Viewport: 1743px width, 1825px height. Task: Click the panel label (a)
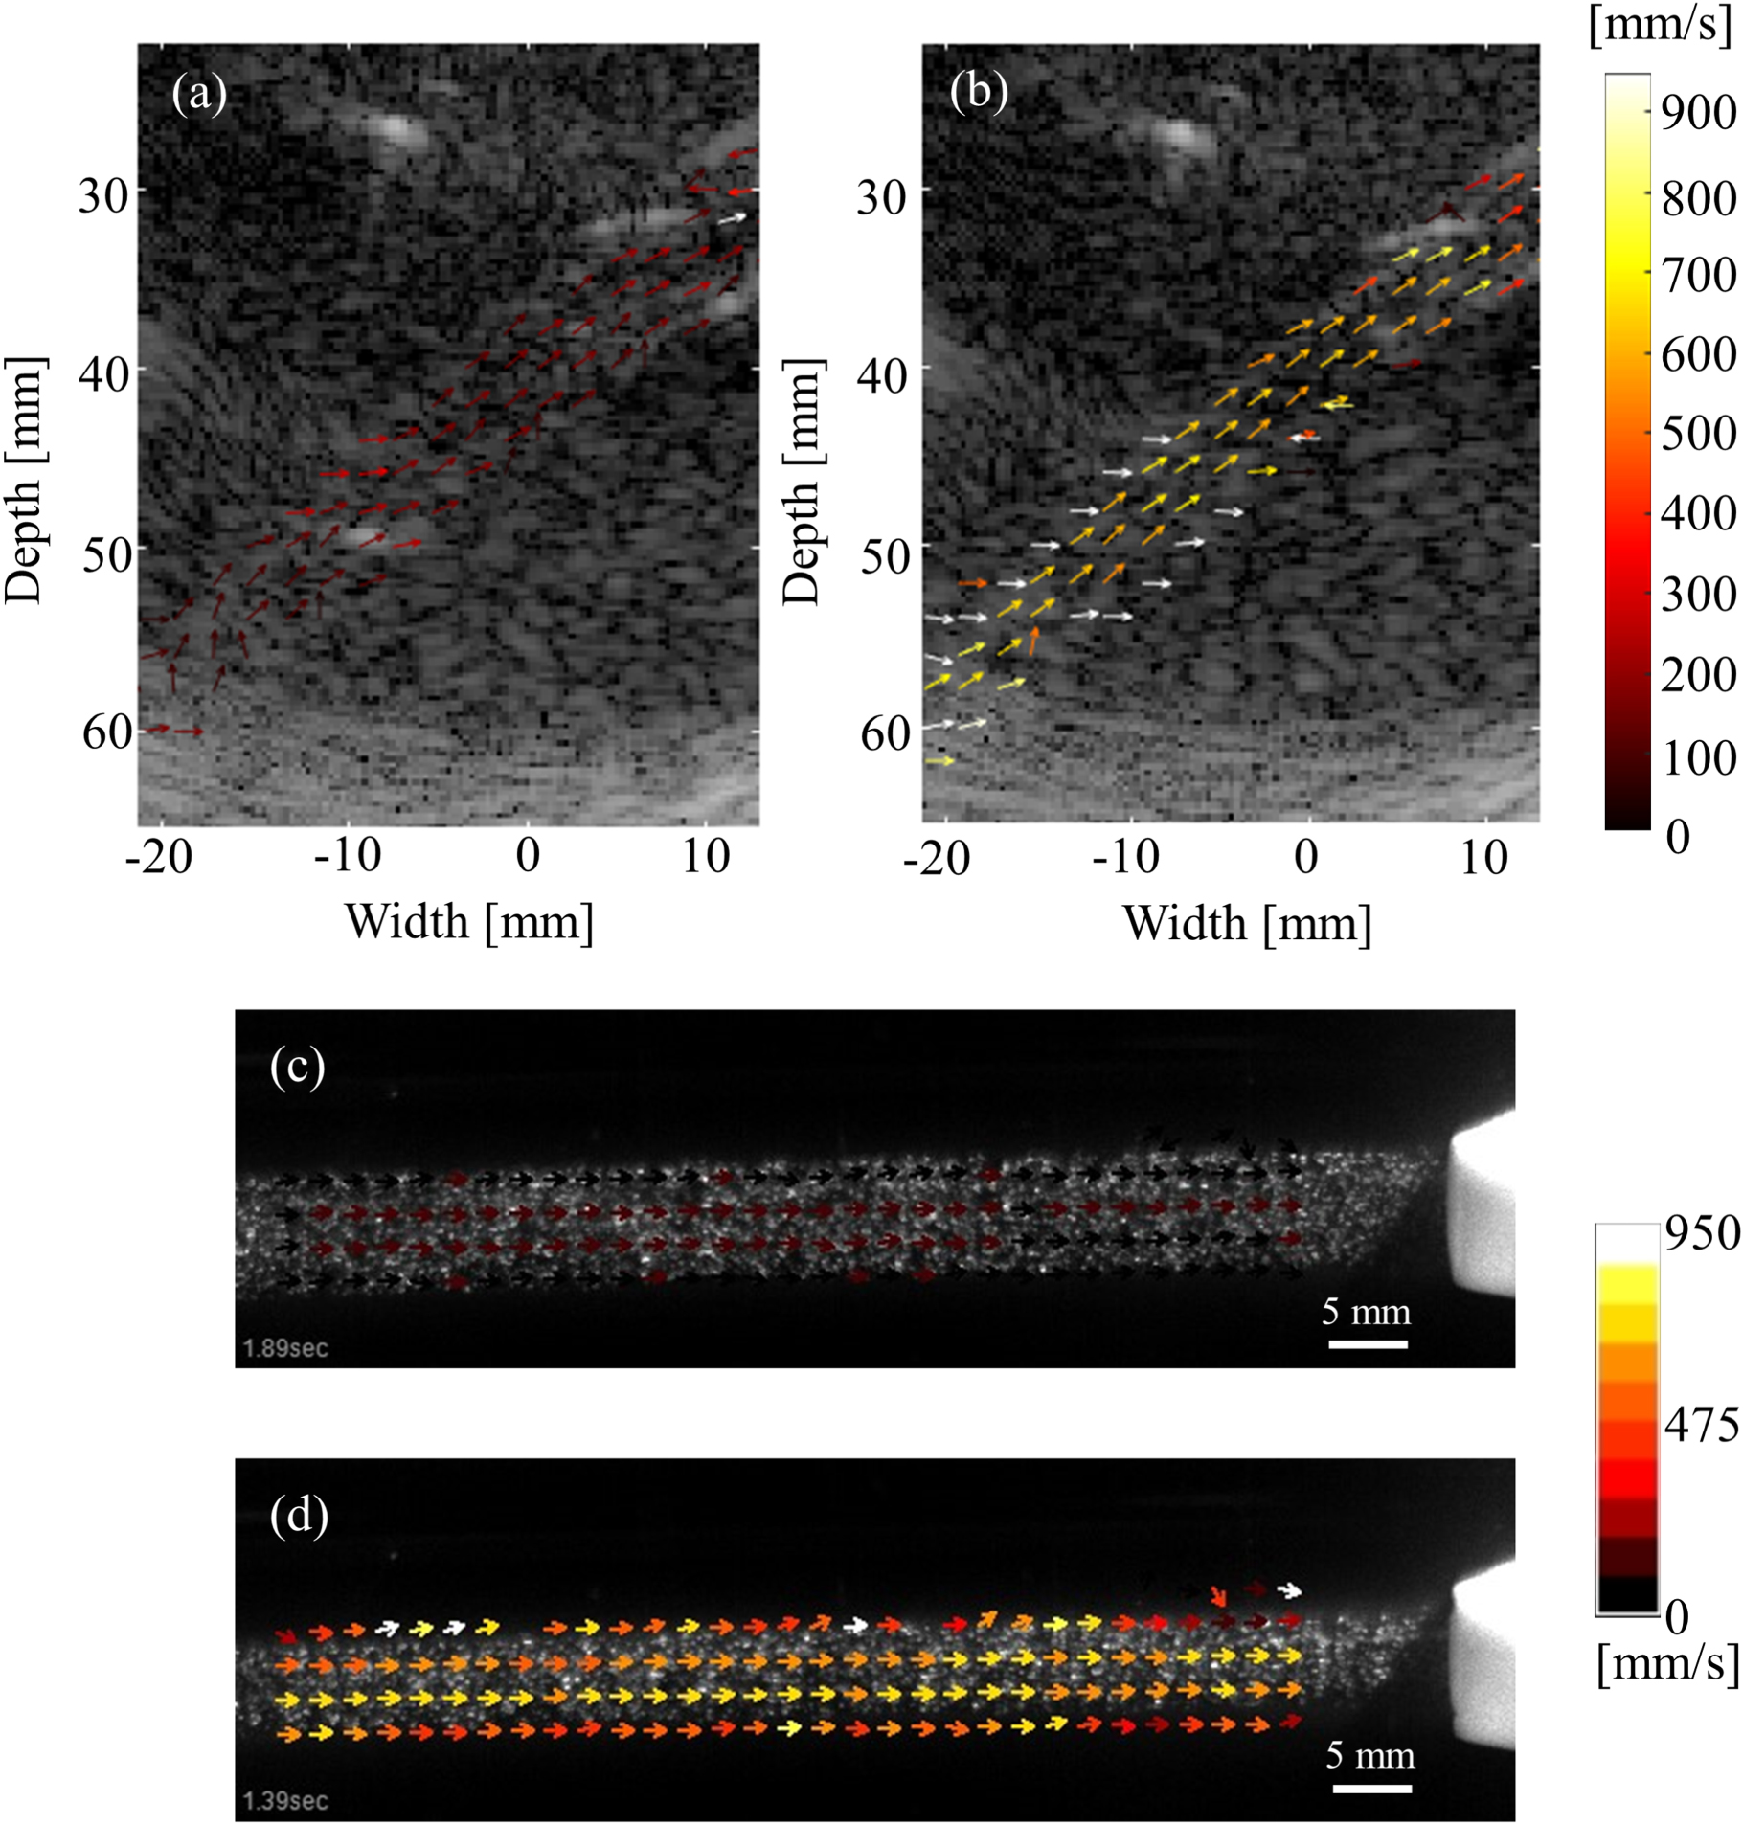[x=199, y=95]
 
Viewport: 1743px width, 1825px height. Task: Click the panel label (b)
[x=978, y=95]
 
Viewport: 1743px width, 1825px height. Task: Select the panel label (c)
[x=298, y=1067]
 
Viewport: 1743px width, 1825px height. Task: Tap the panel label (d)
[x=299, y=1516]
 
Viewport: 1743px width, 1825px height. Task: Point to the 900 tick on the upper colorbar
[x=1697, y=113]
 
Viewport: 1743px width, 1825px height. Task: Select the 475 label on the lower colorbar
[x=1701, y=1426]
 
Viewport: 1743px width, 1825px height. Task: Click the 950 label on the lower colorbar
[x=1701, y=1234]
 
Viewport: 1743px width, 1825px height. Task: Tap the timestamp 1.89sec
[x=284, y=1348]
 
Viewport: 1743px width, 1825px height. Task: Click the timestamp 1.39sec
[x=284, y=1800]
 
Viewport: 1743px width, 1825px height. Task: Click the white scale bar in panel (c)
[x=1367, y=1344]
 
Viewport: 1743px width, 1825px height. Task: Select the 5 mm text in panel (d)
[x=1369, y=1755]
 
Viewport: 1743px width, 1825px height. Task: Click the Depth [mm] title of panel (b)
[x=803, y=483]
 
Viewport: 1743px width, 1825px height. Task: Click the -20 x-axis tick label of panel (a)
[x=159, y=856]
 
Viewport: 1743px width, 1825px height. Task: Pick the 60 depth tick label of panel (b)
[x=884, y=734]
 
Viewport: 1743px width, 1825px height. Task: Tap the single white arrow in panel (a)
[x=732, y=218]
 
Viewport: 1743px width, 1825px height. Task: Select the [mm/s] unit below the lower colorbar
[x=1666, y=1663]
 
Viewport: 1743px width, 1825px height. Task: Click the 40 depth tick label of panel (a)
[x=104, y=373]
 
